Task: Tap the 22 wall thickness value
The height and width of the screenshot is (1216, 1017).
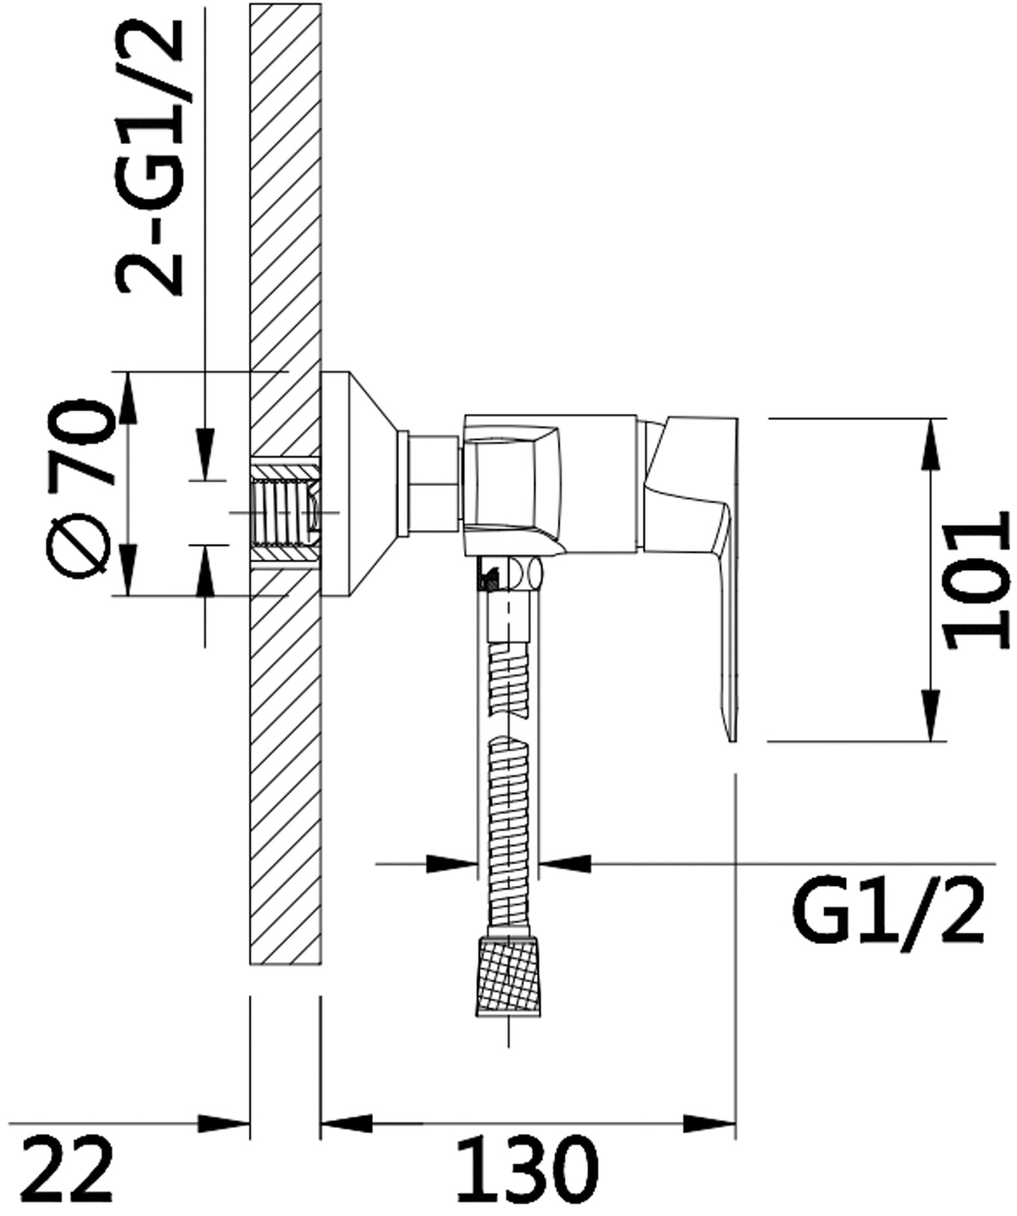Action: click(x=67, y=1170)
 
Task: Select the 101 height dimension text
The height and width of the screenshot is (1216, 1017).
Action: click(x=976, y=580)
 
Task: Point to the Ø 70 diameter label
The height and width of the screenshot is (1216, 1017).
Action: click(x=80, y=488)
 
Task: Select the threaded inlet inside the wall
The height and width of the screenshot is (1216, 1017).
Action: click(x=285, y=513)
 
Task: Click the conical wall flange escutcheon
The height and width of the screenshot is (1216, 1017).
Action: click(x=359, y=484)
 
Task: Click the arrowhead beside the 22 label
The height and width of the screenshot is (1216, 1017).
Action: click(x=223, y=1123)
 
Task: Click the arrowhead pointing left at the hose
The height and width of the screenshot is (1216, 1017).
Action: click(x=565, y=863)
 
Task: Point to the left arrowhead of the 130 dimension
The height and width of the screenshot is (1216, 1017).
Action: click(x=347, y=1123)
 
